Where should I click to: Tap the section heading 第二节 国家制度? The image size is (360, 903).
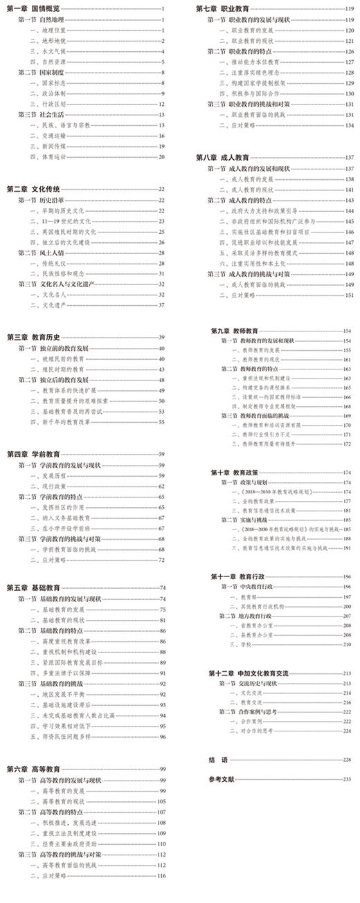point(42,72)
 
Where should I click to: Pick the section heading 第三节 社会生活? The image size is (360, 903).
point(42,114)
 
